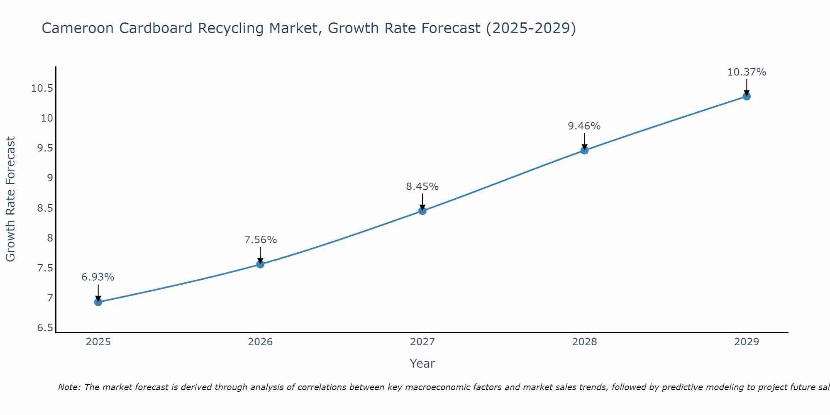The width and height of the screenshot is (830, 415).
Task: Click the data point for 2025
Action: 98,302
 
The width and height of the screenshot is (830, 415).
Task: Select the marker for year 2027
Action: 422,211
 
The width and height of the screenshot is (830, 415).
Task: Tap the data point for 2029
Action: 747,96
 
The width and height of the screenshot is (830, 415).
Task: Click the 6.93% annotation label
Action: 98,277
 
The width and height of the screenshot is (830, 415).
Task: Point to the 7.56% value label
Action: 260,240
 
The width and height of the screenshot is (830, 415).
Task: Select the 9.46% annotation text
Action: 584,126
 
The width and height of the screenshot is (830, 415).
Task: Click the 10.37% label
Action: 747,72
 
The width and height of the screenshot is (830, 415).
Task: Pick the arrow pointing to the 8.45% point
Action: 422,202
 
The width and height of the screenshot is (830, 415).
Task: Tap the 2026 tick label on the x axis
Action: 260,342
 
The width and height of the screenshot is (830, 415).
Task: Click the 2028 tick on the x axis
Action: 584,342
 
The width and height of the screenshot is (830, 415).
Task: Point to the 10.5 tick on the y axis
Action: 42,88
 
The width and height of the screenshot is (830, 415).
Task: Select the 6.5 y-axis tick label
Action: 45,328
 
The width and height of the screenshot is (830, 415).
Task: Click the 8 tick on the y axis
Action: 50,238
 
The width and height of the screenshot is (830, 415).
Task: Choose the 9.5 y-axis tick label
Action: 45,149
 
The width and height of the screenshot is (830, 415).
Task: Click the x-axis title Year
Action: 422,364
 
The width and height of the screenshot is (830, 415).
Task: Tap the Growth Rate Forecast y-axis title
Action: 11,199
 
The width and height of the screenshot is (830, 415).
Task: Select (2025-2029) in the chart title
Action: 531,28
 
